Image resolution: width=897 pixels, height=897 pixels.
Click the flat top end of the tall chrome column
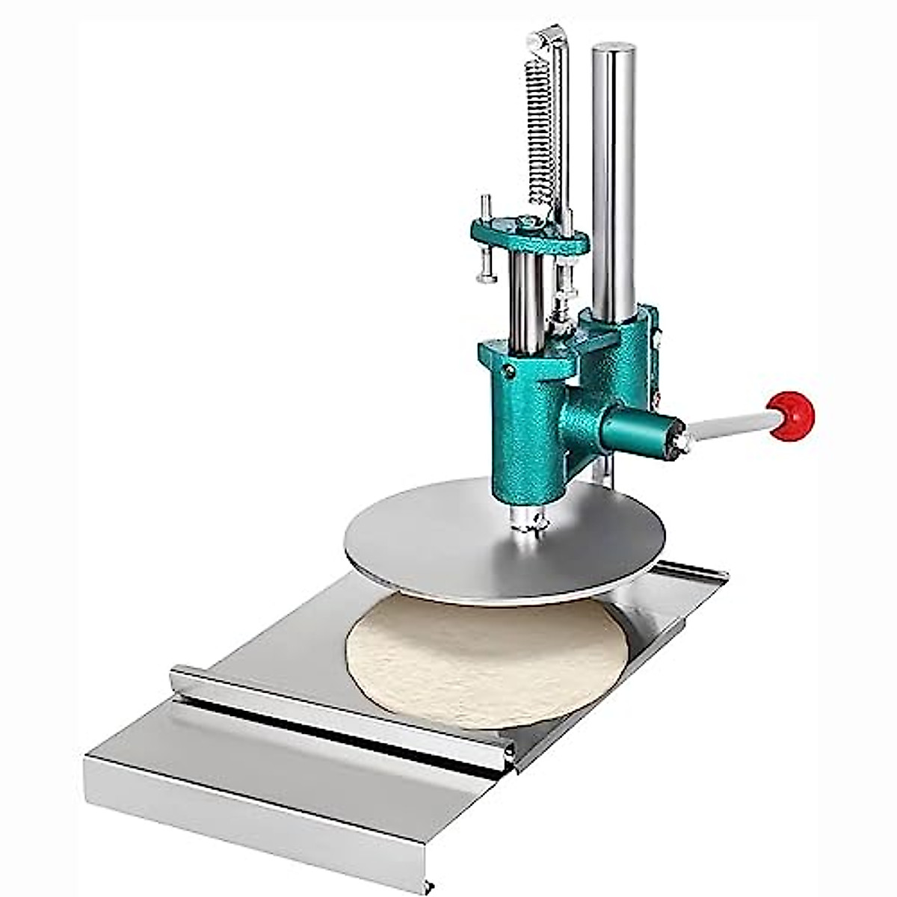tap(614, 49)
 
